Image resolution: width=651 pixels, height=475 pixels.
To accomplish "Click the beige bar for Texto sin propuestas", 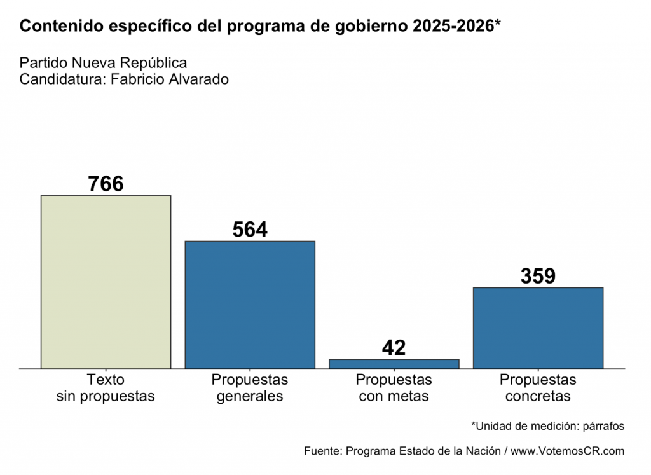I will pos(106,282).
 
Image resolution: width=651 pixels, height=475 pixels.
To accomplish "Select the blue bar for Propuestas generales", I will pos(250,305).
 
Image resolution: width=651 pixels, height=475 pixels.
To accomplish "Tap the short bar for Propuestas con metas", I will pos(394,364).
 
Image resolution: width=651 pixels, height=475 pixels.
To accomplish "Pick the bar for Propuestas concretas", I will pos(538,327).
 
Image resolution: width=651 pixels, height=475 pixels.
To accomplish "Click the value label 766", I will pos(106,184).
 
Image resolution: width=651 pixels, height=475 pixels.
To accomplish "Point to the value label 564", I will pos(250,230).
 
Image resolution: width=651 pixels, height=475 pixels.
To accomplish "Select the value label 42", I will pos(394,348).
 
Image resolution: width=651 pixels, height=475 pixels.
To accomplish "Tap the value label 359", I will pos(538,276).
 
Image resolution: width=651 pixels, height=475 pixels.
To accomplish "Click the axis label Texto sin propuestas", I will pos(106,388).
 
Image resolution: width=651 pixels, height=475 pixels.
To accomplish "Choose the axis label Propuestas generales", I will pos(250,388).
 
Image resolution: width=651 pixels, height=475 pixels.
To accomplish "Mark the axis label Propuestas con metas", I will pos(394,388).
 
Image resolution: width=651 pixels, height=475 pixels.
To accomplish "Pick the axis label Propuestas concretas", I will pos(538,388).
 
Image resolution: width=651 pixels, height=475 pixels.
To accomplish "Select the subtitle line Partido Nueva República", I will pos(103,63).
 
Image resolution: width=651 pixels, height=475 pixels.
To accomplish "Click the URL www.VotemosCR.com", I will pos(568,451).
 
